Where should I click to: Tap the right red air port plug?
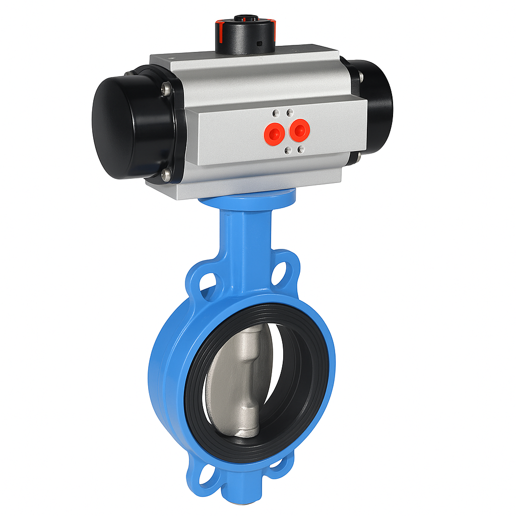pyautogui.click(x=300, y=130)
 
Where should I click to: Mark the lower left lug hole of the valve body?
pyautogui.click(x=208, y=474)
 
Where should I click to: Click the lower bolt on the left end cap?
pyautogui.click(x=166, y=175)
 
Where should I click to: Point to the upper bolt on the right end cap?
pyautogui.click(x=360, y=76)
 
